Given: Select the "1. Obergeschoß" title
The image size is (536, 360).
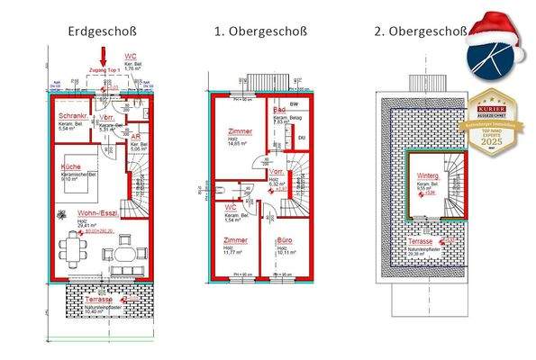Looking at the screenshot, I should [x=260, y=31].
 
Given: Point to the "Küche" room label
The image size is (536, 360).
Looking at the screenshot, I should [x=71, y=167].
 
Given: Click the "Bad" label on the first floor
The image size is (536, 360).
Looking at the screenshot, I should [x=280, y=110].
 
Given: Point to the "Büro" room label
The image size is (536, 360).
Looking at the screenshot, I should [x=283, y=241].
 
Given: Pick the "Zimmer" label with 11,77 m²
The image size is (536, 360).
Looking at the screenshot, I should [x=235, y=241].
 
